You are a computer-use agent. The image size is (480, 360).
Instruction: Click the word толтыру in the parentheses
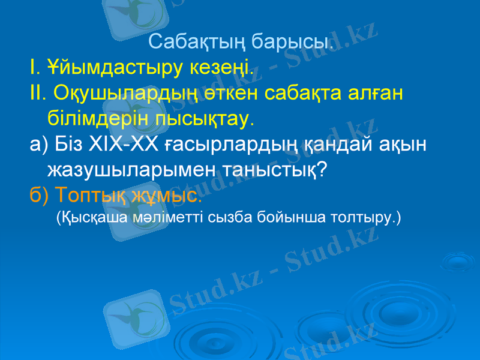coord(362,217)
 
